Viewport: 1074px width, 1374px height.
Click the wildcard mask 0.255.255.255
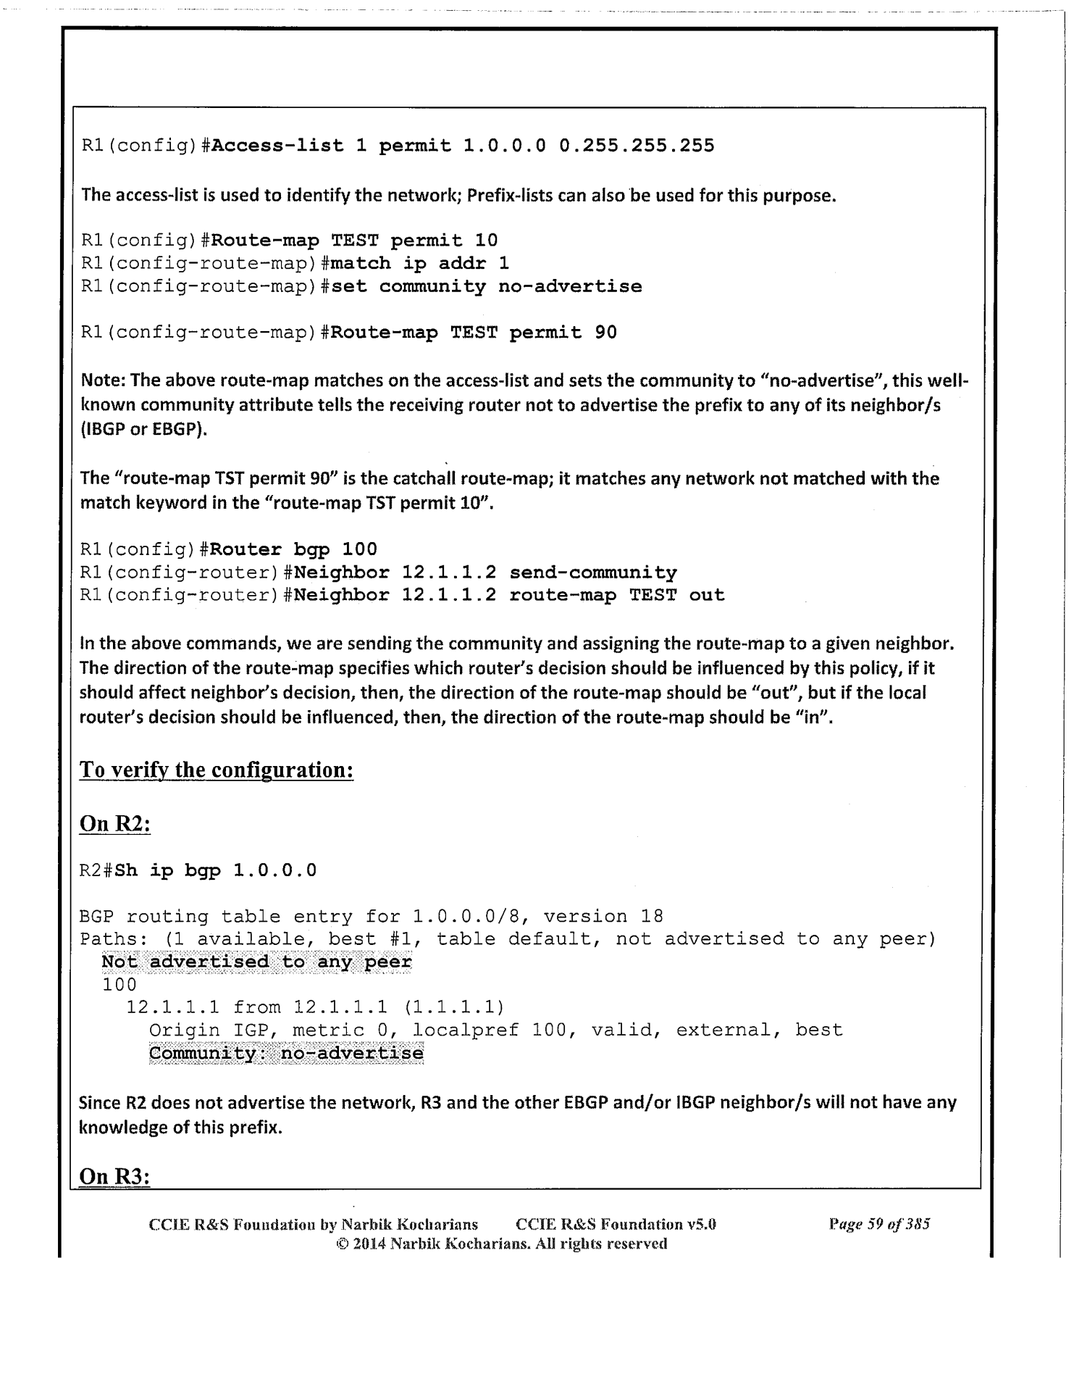coord(637,146)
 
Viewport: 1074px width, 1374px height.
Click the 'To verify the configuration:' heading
coord(217,770)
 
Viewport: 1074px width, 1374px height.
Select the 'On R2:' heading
coord(114,825)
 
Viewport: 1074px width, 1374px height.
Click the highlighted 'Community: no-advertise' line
coord(286,1053)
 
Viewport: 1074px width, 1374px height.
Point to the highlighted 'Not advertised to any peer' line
coord(256,962)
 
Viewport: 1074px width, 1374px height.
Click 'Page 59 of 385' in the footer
coord(879,1225)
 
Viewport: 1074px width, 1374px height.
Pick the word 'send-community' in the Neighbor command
coord(593,572)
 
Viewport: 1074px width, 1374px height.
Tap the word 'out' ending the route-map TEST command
coord(707,595)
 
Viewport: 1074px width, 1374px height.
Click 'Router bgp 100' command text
coord(295,549)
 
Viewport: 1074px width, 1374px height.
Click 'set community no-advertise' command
coord(487,286)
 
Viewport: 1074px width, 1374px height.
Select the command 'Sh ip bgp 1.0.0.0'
coord(216,870)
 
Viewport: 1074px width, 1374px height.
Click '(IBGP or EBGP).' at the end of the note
coord(144,429)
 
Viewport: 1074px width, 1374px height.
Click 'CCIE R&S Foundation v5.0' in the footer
coord(616,1225)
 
